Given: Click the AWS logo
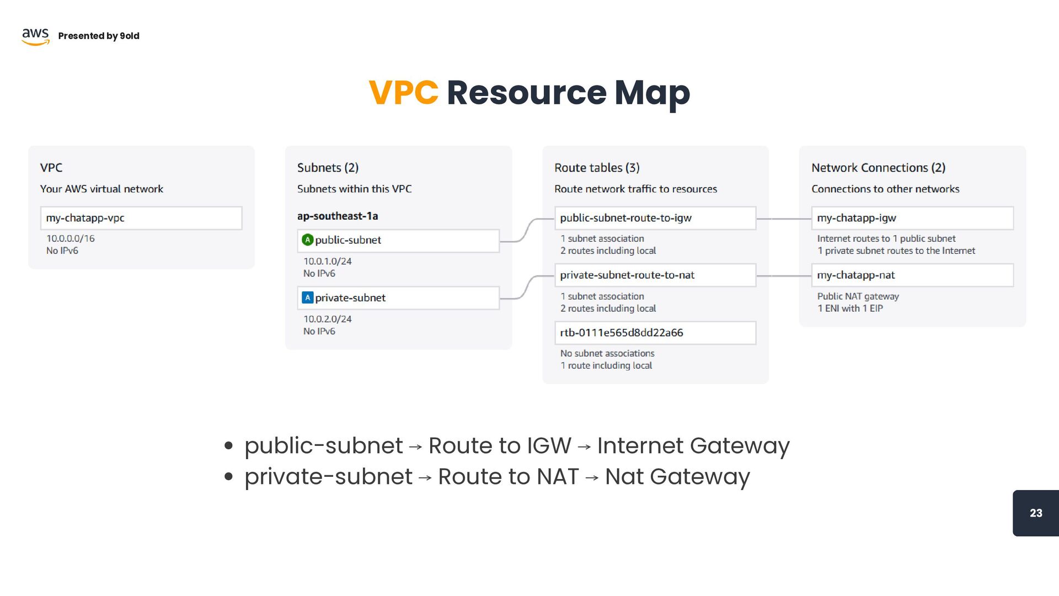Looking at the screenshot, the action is (x=35, y=36).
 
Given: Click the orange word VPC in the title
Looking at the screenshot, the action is (x=403, y=93).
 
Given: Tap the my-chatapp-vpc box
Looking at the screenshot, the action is (x=141, y=218).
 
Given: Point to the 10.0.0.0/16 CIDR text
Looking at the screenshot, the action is (x=71, y=238).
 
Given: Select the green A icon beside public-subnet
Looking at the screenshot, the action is (x=308, y=240).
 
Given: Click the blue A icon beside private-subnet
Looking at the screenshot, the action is (x=308, y=297).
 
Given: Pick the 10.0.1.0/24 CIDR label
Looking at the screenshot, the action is (x=328, y=261).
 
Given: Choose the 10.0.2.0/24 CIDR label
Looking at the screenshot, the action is (x=328, y=319).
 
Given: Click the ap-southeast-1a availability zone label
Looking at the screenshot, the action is (x=338, y=216).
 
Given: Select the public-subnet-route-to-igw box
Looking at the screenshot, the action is (x=655, y=218).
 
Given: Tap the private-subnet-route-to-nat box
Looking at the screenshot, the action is (x=655, y=275).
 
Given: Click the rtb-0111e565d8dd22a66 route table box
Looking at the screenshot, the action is (x=655, y=333).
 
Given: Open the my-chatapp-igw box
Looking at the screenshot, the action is (x=912, y=218).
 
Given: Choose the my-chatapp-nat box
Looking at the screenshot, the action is (x=912, y=275).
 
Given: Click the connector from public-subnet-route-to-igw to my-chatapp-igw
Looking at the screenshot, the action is (x=783, y=219).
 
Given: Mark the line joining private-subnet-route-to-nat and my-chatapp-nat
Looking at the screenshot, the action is (x=783, y=275).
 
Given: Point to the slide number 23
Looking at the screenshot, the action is (x=1036, y=513).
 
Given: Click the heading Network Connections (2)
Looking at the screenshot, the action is (x=878, y=168).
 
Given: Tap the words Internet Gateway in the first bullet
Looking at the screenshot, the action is (x=693, y=446).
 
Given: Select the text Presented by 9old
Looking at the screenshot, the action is (x=99, y=36).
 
